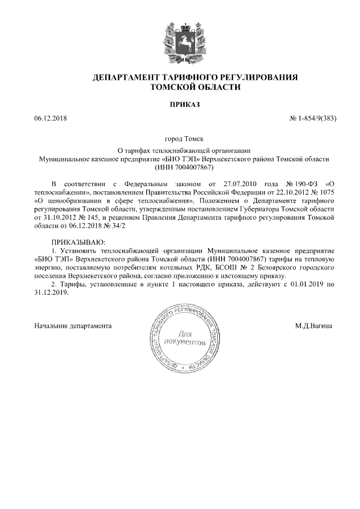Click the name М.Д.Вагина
(x=314, y=326)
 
